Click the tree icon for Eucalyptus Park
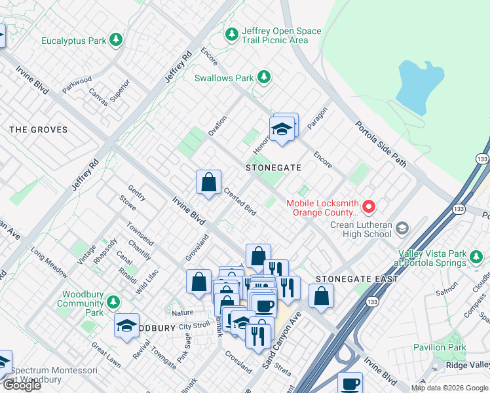pyautogui.click(x=116, y=41)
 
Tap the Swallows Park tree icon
pyautogui.click(x=263, y=78)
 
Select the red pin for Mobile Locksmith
pyautogui.click(x=368, y=207)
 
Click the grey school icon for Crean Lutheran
pyautogui.click(x=402, y=228)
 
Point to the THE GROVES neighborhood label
pyautogui.click(x=38, y=130)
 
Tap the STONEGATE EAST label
pyautogui.click(x=357, y=279)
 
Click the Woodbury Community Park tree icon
pyautogui.click(x=113, y=303)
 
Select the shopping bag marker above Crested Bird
pyautogui.click(x=208, y=183)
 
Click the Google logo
pyautogui.click(x=22, y=385)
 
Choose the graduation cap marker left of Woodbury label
pyautogui.click(x=126, y=326)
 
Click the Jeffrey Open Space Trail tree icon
pyautogui.click(x=231, y=34)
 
